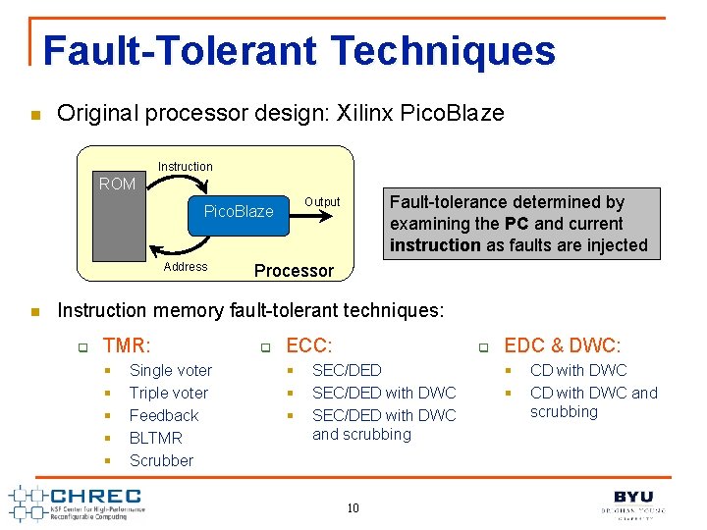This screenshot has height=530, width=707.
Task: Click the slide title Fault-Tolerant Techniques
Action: point(299,51)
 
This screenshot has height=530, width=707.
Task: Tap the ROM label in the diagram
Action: point(117,185)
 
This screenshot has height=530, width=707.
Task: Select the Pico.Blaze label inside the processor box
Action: point(238,212)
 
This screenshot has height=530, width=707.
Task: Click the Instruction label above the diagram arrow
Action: point(185,167)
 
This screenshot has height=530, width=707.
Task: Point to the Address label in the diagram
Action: point(186,267)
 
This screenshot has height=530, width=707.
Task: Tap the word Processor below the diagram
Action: point(294,271)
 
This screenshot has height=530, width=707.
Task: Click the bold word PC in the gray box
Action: point(517,224)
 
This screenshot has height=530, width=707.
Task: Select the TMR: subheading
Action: point(127,345)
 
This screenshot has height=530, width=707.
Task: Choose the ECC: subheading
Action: point(308,345)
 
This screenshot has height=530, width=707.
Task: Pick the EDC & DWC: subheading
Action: point(561,345)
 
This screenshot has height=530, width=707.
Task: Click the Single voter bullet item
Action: point(170,370)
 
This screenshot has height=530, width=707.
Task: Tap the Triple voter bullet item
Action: point(168,393)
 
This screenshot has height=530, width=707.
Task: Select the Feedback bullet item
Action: point(163,415)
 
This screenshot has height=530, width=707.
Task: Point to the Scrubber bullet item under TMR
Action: point(161,460)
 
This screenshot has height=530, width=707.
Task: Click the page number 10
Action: point(353,507)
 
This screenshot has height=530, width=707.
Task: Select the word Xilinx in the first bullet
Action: point(369,113)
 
